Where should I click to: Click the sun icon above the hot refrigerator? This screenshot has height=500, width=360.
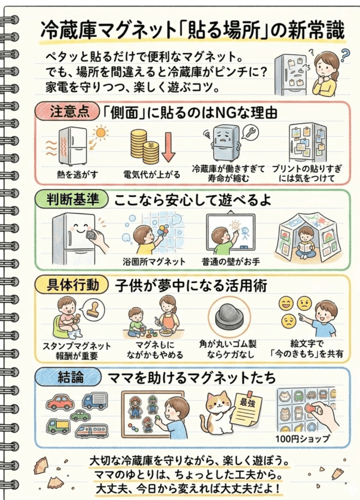(x=101, y=133)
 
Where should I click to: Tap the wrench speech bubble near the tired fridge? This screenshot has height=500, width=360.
(x=250, y=132)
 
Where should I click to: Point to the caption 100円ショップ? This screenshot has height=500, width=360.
(x=303, y=438)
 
